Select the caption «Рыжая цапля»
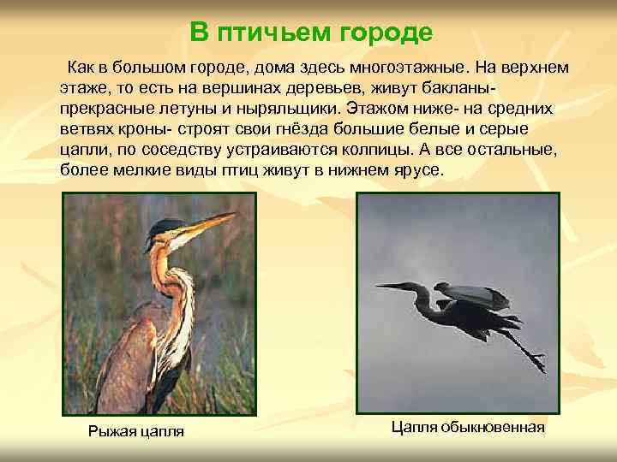click(x=136, y=430)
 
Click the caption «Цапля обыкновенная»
click(x=468, y=426)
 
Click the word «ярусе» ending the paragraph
click(x=421, y=170)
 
